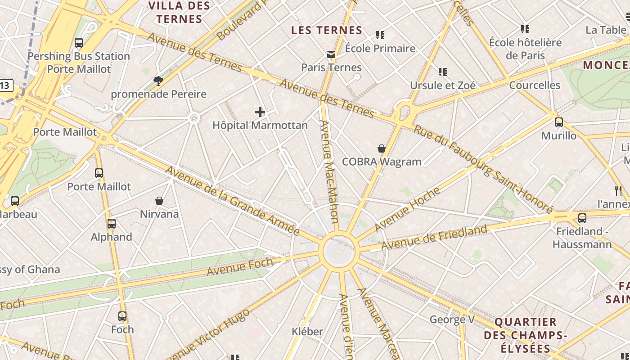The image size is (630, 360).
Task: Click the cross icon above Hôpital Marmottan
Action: pos(260,112)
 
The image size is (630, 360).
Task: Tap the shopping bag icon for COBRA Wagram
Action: pos(382,148)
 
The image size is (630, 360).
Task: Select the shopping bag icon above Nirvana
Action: pos(159,201)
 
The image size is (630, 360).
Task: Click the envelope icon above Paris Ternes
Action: pos(331,54)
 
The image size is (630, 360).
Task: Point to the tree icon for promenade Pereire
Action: pos(158,81)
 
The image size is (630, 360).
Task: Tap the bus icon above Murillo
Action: pos(559,122)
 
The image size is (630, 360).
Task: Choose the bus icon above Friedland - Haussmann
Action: pos(582,218)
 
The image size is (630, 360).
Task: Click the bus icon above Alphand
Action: pos(112,224)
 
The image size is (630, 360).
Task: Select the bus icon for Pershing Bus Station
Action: pos(79,43)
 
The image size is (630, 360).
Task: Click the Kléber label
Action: pos(307,332)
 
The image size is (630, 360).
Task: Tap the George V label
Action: pos(452,319)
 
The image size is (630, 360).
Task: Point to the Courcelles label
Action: pos(535,85)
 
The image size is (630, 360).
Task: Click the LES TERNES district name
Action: pos(327,30)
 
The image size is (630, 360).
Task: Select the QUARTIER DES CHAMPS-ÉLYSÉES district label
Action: pos(525,335)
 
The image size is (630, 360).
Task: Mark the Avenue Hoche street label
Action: pos(407,209)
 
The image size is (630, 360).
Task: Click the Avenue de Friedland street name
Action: pos(434,238)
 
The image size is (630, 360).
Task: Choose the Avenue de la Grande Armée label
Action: pos(232,201)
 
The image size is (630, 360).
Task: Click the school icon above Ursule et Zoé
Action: pos(443,72)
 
